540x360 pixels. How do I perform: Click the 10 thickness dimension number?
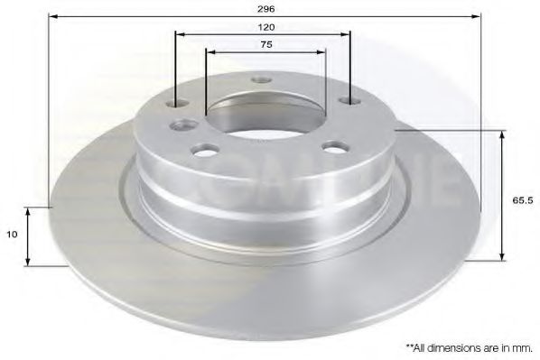coord(12,234)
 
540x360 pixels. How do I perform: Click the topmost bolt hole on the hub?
coord(262,80)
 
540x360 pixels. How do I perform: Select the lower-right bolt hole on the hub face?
coord(335,145)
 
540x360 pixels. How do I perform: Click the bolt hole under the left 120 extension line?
coord(177,105)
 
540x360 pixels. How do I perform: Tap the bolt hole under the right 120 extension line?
coord(349,101)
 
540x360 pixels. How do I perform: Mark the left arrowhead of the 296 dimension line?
coord(52,17)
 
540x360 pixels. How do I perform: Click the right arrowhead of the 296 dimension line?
coord(478,17)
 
